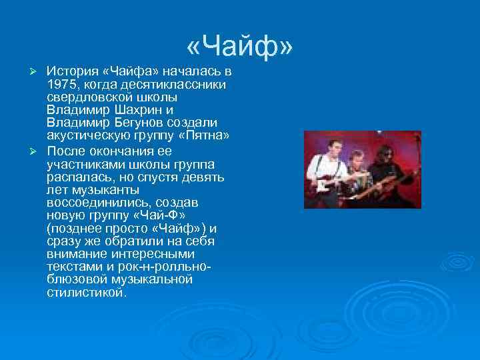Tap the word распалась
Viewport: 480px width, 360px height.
[x=77, y=177]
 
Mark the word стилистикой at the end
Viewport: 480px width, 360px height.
[x=85, y=291]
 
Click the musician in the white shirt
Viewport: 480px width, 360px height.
[x=325, y=170]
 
